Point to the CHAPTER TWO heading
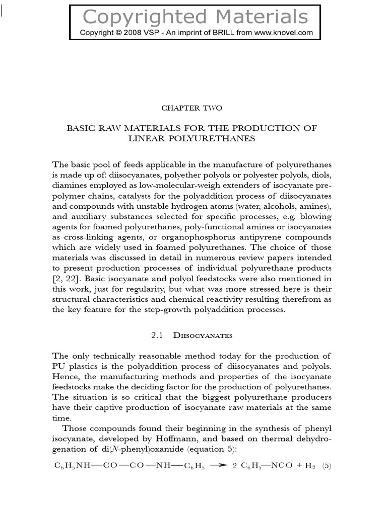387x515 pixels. (x=191, y=108)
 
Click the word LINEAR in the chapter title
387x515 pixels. (x=150, y=138)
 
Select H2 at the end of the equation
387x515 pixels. (x=310, y=466)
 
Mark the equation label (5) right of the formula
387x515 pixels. (x=327, y=466)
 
